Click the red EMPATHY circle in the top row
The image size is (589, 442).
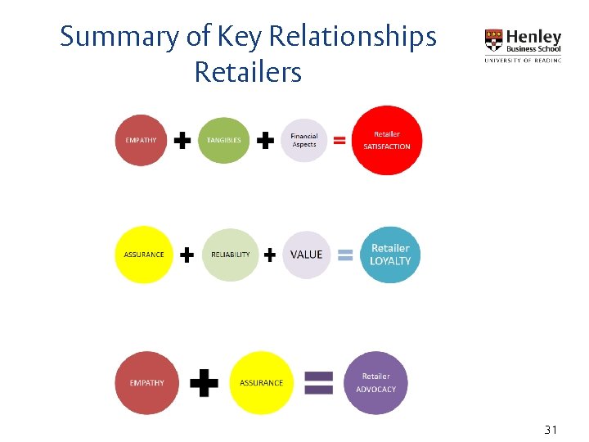click(142, 140)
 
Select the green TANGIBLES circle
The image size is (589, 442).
click(223, 140)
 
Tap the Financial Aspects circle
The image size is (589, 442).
click(304, 140)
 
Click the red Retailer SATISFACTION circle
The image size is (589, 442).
click(387, 140)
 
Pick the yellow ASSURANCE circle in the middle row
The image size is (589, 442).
click(143, 255)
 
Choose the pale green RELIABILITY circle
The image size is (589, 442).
click(230, 255)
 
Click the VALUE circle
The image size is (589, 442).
click(307, 255)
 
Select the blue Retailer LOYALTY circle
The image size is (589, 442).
click(390, 255)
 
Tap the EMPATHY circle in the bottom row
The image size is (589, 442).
click(146, 382)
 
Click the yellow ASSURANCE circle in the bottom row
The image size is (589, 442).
click(261, 382)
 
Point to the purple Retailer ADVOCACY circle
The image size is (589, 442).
click(375, 382)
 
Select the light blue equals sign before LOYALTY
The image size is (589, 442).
click(345, 255)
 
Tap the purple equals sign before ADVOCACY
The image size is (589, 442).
click(318, 383)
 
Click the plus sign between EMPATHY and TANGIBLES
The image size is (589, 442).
click(183, 141)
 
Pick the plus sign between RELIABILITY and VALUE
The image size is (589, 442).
click(270, 255)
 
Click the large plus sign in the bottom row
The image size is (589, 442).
click(204, 382)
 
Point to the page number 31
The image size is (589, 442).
click(551, 430)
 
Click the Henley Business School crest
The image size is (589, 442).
click(494, 41)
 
